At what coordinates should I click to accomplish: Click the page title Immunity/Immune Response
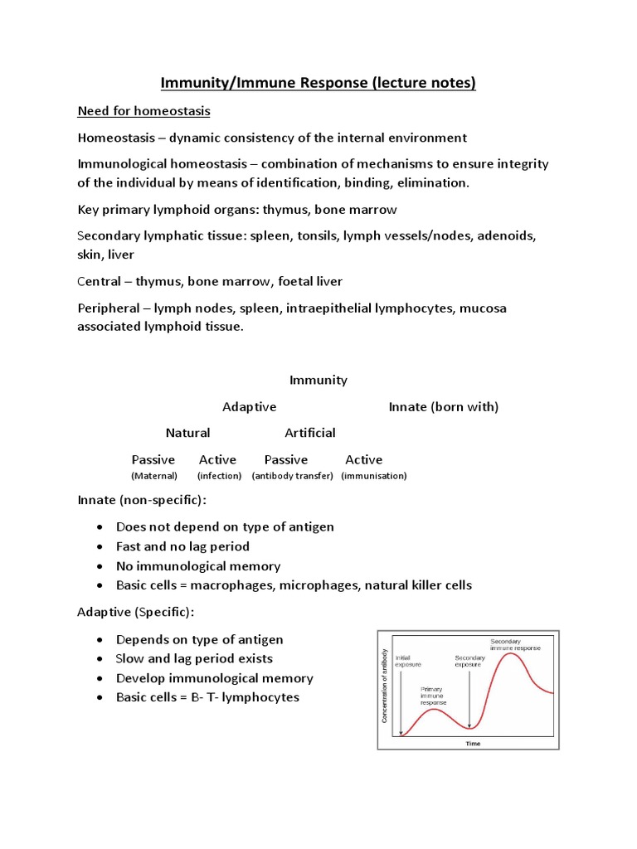318,84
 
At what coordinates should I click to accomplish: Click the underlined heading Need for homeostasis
143,111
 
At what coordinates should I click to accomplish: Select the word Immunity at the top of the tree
318,381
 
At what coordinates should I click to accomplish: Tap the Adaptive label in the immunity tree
249,407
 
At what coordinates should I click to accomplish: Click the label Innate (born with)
444,407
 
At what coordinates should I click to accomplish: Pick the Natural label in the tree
187,433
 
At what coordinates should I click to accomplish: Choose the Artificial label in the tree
310,433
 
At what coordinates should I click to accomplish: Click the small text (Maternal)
154,476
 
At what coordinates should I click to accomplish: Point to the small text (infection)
219,476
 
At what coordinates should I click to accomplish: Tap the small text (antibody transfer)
292,476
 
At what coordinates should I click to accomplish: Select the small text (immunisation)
373,476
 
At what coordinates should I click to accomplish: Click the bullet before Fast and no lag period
100,547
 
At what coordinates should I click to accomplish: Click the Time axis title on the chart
473,744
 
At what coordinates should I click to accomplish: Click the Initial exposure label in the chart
408,662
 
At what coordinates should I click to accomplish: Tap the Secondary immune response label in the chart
515,644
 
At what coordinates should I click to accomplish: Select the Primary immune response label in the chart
433,696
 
